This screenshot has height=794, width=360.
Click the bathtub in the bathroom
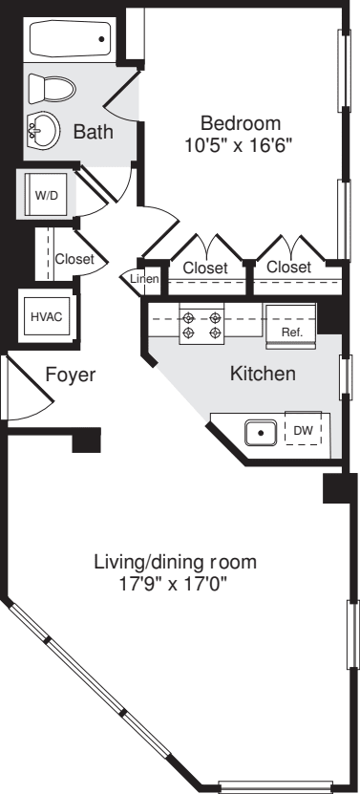70,40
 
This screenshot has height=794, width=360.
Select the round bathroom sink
42,130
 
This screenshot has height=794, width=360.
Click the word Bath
94,133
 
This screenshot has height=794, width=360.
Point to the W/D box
47,194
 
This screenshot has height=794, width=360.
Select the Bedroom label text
240,123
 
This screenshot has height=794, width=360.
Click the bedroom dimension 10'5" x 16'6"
237,146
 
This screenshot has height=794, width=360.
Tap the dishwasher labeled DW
303,432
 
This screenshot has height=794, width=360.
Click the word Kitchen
263,375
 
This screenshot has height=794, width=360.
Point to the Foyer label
71,375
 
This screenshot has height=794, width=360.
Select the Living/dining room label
175,561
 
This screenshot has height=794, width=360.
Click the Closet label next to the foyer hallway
74,258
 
